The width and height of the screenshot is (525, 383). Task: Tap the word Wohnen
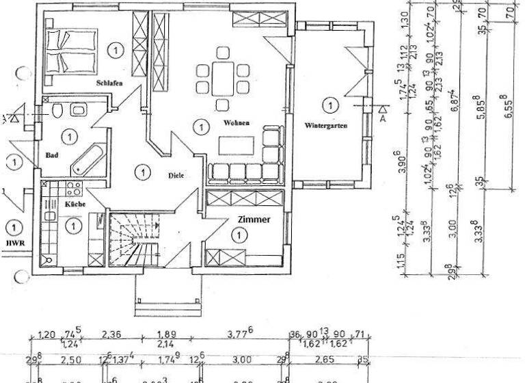pos(235,123)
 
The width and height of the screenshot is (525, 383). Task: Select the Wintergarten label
pos(327,126)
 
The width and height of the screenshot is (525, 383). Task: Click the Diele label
pos(176,175)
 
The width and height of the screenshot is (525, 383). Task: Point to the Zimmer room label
pos(254,220)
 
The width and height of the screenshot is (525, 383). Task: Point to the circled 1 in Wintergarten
pos(330,105)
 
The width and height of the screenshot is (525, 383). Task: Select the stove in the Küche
pos(73,187)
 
